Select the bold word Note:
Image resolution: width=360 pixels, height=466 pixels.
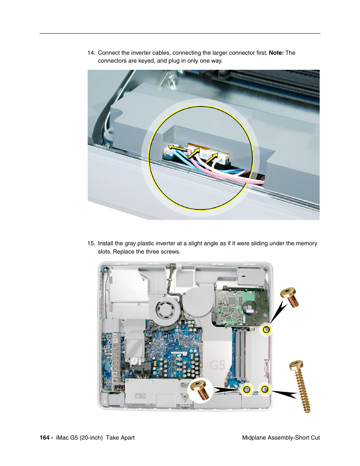point(276,53)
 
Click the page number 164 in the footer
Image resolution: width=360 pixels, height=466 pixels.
point(45,438)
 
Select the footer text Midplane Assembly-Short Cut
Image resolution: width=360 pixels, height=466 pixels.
point(281,438)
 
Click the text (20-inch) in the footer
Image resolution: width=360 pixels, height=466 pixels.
point(91,438)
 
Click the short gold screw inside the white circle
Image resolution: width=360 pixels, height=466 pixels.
point(200,390)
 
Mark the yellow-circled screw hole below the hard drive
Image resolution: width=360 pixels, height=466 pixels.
point(266,330)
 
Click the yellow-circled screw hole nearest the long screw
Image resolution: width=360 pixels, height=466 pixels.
point(265,389)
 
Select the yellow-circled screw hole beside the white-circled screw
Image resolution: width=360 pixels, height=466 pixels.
point(247,389)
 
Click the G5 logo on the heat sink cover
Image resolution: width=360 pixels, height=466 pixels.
point(217,365)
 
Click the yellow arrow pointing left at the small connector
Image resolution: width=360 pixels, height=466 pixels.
point(177,148)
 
